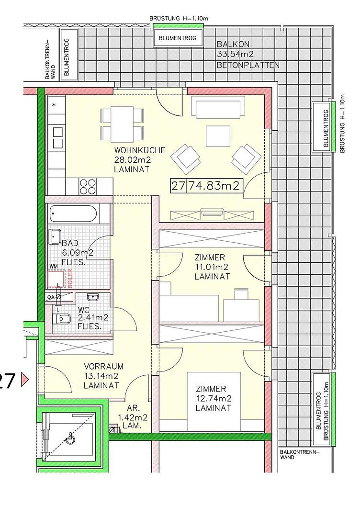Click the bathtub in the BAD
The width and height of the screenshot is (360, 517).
(73, 214)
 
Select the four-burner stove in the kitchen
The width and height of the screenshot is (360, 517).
(87, 186)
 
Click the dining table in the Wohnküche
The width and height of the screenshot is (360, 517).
(122, 124)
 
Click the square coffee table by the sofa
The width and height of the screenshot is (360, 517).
(218, 136)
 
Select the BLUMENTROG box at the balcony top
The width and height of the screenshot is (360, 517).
(177, 38)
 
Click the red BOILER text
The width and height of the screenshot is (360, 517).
(70, 279)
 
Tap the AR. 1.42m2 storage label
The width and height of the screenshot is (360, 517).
(133, 417)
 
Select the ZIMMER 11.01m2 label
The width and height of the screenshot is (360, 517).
(212, 267)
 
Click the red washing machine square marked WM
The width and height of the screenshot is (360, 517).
(56, 279)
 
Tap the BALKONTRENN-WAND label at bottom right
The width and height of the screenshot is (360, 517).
(300, 455)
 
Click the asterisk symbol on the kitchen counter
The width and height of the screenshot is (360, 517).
(54, 105)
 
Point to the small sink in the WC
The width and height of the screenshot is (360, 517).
(93, 297)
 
